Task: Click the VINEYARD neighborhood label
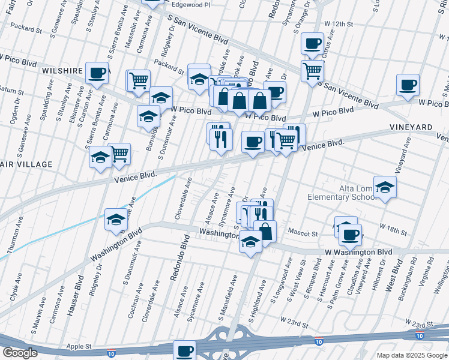411,128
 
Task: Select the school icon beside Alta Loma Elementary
385,187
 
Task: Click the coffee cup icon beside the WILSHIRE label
97,73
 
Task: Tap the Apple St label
79,346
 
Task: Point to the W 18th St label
394,227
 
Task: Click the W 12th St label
339,23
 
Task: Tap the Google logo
20,353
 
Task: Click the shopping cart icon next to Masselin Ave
138,80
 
